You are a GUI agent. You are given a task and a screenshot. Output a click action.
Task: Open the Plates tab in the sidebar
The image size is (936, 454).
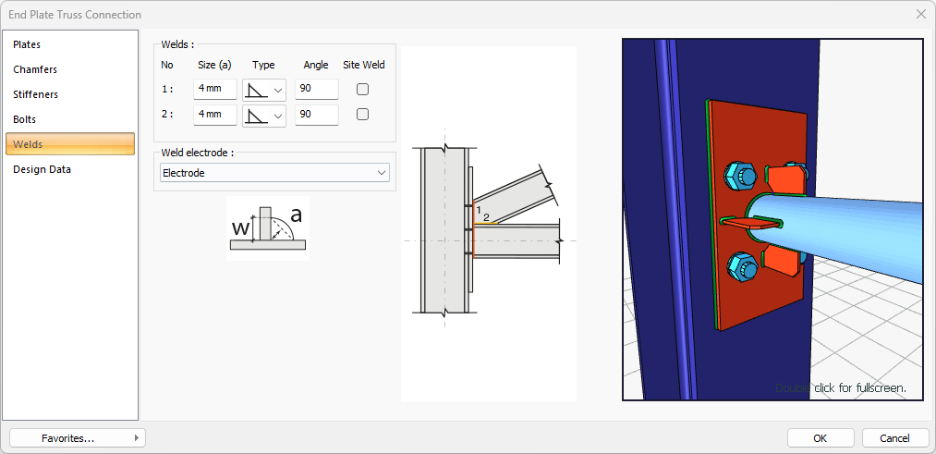pyautogui.click(x=27, y=44)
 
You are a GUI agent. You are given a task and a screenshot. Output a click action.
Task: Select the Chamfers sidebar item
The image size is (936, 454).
pyautogui.click(x=35, y=69)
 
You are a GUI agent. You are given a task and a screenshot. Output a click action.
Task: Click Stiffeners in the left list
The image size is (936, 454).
pyautogui.click(x=35, y=94)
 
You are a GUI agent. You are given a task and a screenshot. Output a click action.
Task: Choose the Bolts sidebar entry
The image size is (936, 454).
pyautogui.click(x=24, y=119)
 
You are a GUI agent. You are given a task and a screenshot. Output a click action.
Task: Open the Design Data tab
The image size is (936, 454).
pyautogui.click(x=42, y=169)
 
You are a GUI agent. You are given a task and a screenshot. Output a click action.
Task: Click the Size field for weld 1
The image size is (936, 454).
pyautogui.click(x=215, y=89)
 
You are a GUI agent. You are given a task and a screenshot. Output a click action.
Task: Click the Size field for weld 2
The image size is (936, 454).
pyautogui.click(x=215, y=114)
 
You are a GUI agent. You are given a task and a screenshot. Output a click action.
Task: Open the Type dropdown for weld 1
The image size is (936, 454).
pyautogui.click(x=264, y=90)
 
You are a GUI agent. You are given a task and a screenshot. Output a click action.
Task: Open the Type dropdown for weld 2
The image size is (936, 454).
pyautogui.click(x=264, y=116)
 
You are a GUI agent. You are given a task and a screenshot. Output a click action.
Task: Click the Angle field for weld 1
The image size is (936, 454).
pyautogui.click(x=317, y=89)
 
